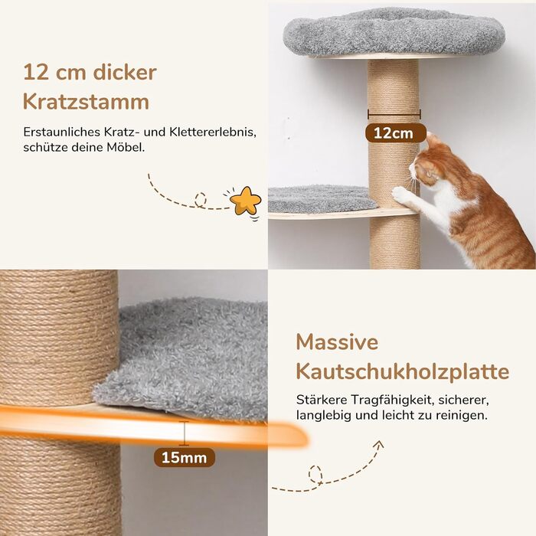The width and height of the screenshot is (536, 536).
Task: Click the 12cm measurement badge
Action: (x=396, y=133)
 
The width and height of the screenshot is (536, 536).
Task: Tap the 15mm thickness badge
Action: (x=185, y=457)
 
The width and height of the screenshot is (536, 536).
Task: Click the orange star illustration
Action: (x=246, y=201)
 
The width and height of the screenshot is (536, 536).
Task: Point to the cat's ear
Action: (x=432, y=139)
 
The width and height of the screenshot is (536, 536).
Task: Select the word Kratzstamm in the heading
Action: (x=86, y=102)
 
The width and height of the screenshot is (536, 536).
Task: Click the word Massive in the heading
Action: (x=337, y=342)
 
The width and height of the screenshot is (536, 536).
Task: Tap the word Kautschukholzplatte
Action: (x=403, y=371)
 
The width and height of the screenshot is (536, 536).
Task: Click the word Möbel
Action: (x=126, y=147)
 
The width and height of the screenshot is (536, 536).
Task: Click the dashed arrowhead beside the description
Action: (x=378, y=445)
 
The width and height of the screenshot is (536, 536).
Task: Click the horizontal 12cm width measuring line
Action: (x=394, y=114)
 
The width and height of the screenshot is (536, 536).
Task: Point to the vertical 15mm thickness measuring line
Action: (x=185, y=433)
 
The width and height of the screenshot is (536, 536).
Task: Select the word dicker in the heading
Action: (x=125, y=72)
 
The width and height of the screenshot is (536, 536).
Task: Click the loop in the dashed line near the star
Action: (x=201, y=200)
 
